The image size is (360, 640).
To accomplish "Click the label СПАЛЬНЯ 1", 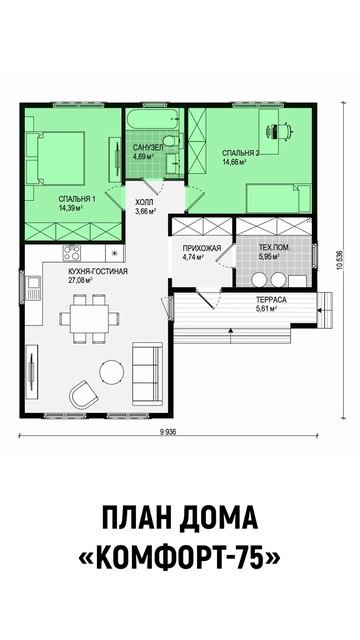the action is [77, 199].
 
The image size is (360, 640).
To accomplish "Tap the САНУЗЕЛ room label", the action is [148, 147].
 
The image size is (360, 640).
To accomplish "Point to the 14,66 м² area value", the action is [234, 162].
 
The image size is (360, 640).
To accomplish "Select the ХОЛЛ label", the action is [145, 202].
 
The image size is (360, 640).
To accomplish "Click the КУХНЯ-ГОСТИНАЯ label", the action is [98, 272].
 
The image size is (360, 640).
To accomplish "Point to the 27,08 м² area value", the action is [82, 280].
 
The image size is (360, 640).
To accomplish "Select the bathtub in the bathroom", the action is [153, 119].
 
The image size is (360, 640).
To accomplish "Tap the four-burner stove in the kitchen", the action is [71, 253].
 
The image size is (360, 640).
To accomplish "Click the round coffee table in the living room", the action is [112, 371].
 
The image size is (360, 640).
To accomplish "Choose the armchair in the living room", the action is [83, 394].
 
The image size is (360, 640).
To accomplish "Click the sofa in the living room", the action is [147, 373].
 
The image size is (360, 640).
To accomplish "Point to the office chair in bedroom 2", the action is [280, 131].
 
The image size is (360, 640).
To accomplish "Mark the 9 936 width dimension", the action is [168, 433].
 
